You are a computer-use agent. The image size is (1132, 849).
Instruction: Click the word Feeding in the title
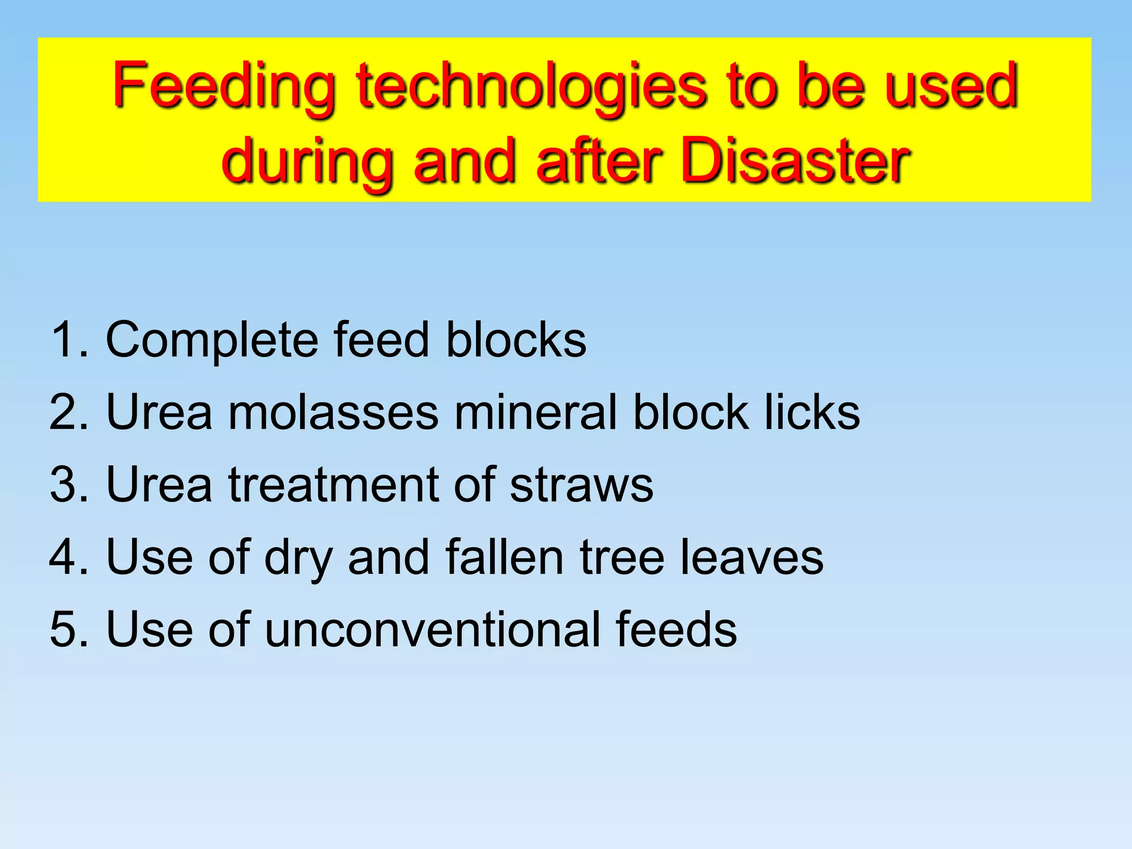(224, 87)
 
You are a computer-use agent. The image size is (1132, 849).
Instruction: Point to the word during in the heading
(307, 161)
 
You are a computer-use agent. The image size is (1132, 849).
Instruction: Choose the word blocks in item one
(516, 339)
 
